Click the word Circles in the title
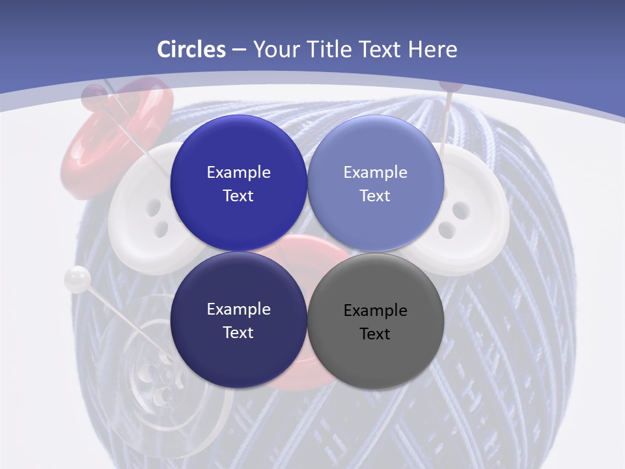191,50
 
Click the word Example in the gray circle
375,311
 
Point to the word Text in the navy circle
238,333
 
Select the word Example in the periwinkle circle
375,173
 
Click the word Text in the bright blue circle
238,196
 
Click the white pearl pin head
77,279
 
